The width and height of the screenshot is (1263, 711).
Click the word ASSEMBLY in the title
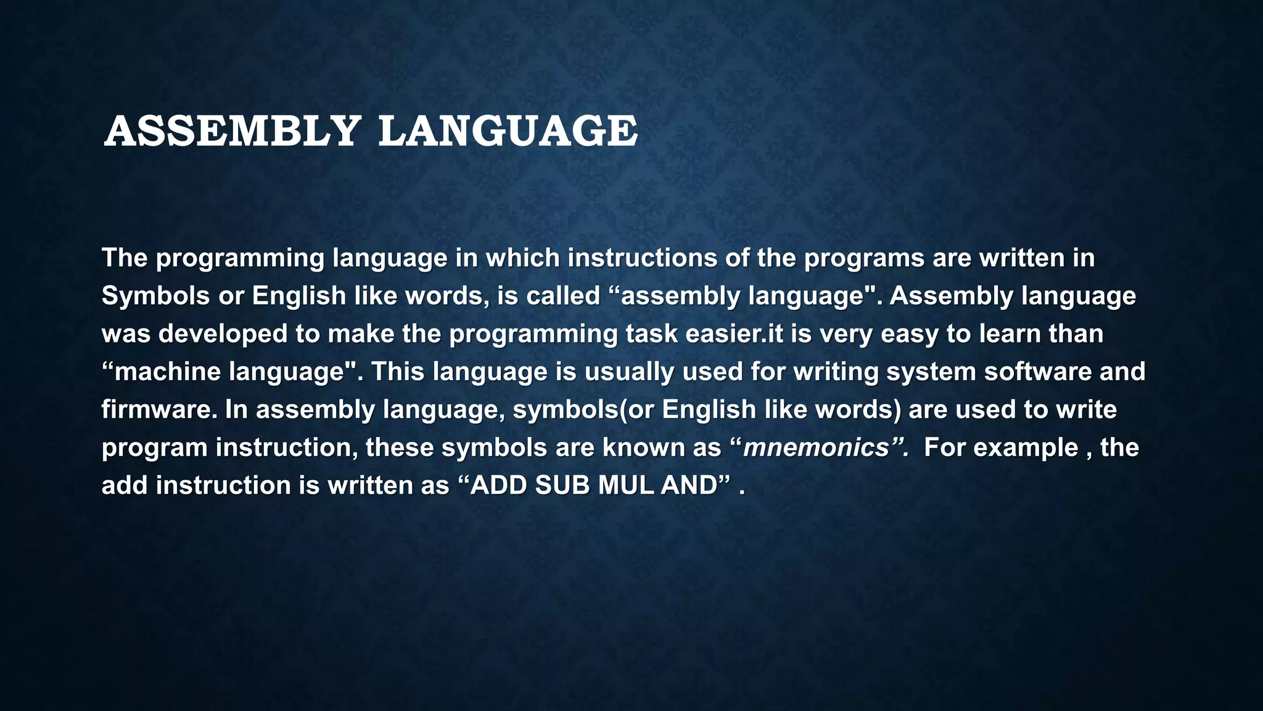coord(232,131)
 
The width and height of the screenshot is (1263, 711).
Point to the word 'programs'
coord(863,258)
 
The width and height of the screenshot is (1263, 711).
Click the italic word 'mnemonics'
coord(815,448)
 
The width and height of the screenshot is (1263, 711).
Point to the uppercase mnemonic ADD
coord(499,486)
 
